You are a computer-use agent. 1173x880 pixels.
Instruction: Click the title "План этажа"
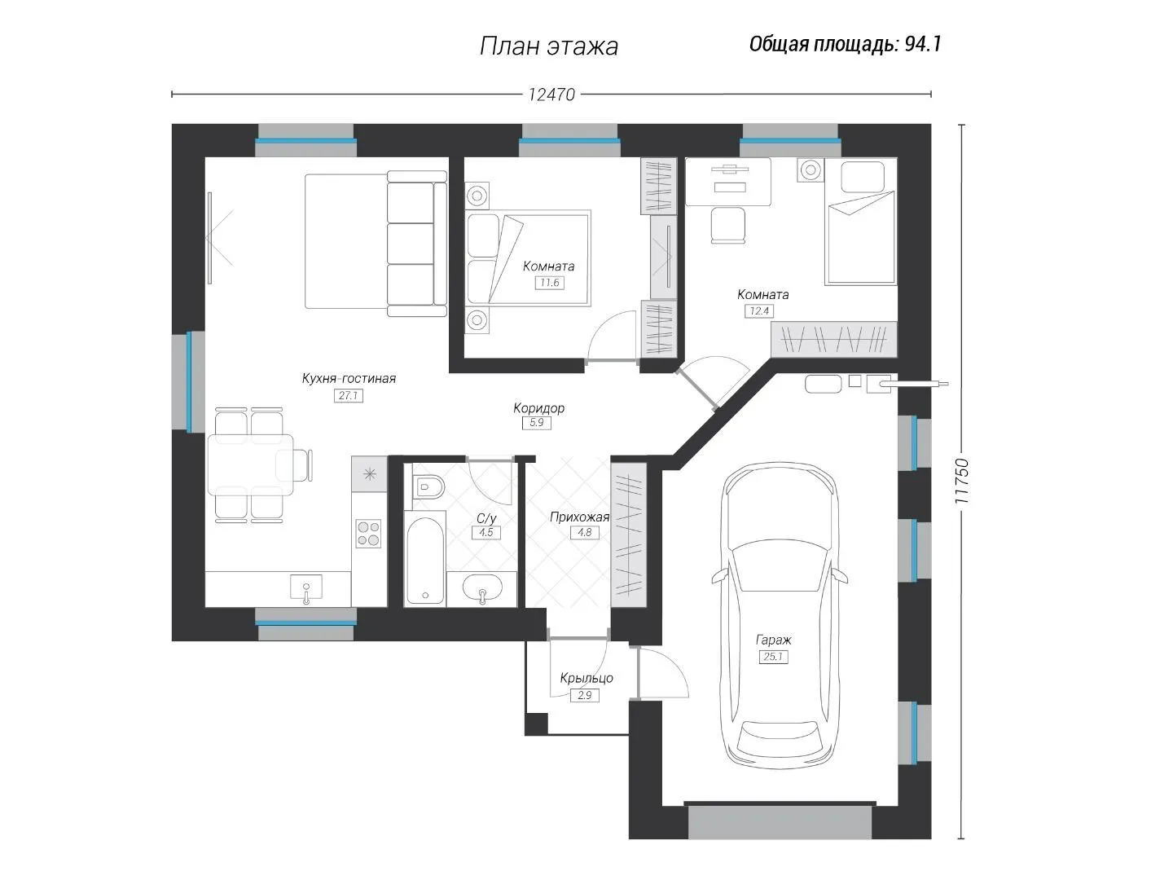coord(549,46)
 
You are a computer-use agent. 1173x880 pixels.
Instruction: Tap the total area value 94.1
coord(923,44)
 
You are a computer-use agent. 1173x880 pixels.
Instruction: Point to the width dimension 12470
coord(551,95)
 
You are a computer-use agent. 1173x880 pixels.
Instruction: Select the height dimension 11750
coord(961,481)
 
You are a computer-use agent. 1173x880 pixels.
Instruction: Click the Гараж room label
coord(773,640)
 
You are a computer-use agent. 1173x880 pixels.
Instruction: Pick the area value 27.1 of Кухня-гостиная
coord(349,395)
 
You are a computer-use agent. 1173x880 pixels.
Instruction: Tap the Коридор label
coord(538,408)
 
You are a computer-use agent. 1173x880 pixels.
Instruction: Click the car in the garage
coord(780,615)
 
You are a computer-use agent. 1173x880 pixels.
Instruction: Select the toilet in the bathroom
coord(428,486)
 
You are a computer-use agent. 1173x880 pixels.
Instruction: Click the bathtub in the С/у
coord(425,561)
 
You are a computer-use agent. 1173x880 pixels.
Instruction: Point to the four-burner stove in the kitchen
coord(368,534)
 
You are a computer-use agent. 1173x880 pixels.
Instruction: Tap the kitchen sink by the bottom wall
coord(306,589)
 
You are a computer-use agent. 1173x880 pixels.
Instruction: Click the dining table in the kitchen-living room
coord(250,464)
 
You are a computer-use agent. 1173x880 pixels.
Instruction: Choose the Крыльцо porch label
coord(586,678)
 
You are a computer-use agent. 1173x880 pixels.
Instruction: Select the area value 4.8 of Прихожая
coord(585,532)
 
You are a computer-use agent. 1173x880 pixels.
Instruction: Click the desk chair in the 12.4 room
coord(728,225)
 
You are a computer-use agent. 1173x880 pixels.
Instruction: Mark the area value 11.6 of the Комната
coord(549,283)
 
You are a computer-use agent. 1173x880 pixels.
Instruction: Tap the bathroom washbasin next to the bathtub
coord(482,589)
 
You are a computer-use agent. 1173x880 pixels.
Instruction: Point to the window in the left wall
coord(189,381)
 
